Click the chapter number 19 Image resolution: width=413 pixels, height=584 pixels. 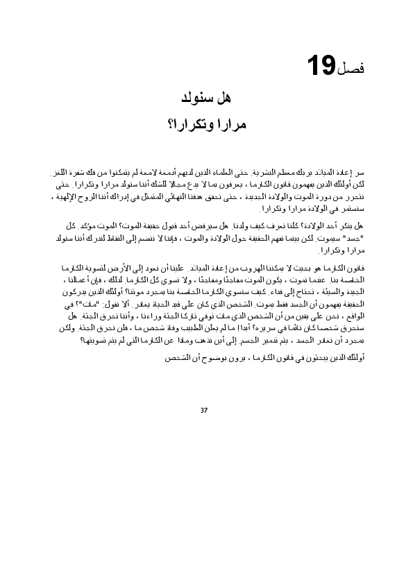click(321, 67)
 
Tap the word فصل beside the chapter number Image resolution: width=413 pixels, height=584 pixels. click(351, 69)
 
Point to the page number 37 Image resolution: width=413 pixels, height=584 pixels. click(203, 410)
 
